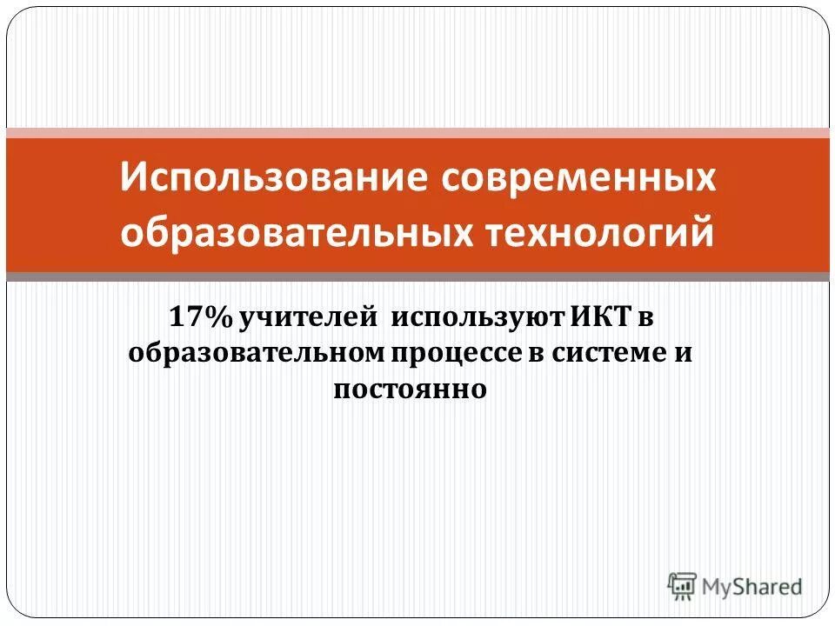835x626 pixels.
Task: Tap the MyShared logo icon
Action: pos(683,586)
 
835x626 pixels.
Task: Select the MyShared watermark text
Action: pos(752,587)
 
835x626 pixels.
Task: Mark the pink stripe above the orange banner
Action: pos(417,133)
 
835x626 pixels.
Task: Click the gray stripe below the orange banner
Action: pos(417,276)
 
